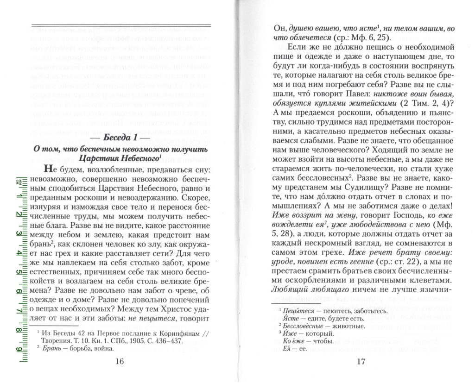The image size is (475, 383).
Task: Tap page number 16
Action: pyautogui.click(x=119, y=362)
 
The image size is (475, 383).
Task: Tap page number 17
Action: pyautogui.click(x=361, y=362)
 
